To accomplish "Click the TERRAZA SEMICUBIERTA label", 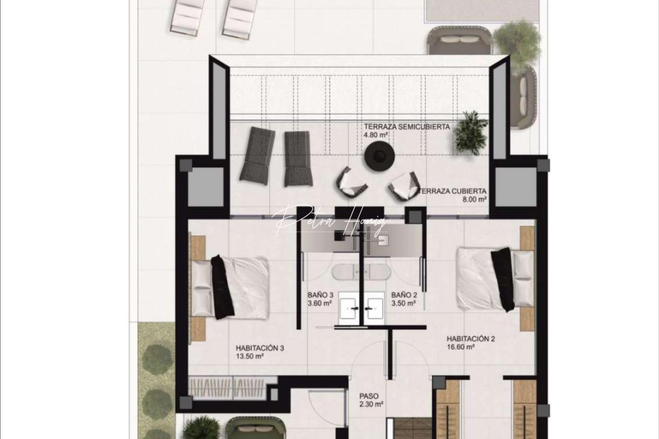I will pos(407,127).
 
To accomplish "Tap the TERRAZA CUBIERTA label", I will pos(452,191).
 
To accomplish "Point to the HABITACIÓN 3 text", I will pos(260,348).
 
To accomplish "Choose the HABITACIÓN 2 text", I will pos(471,339).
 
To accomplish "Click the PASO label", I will pos(369,396).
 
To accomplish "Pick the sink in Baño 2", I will pos(375,309).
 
